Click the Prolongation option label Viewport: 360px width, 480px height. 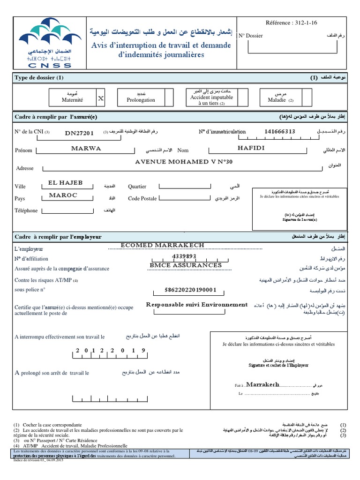point(141,100)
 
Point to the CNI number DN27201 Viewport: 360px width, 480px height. point(79,133)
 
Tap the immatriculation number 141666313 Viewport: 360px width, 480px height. point(279,132)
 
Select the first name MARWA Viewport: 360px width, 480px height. point(86,148)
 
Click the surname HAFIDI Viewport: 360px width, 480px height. point(251,148)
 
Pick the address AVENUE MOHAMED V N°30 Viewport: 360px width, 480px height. point(183,162)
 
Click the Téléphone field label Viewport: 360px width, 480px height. point(26,211)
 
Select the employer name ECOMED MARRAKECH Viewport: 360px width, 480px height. point(163,245)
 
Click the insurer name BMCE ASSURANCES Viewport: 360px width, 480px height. point(186,265)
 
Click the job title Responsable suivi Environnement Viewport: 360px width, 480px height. point(197,305)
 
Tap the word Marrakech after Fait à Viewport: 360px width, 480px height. point(262,384)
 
